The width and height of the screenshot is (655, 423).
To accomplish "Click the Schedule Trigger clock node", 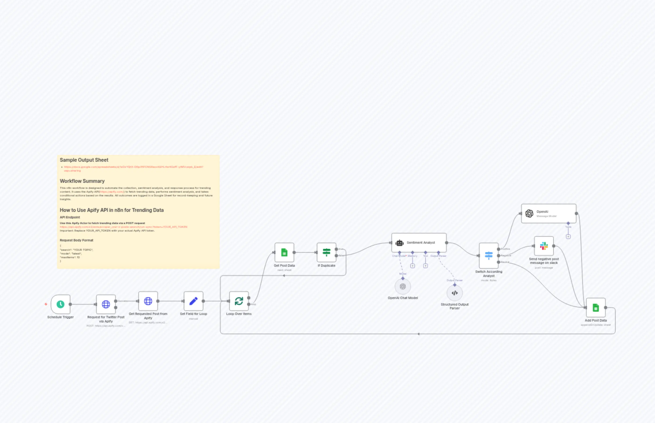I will (x=60, y=304).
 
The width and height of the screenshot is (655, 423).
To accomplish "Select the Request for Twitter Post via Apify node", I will (x=106, y=304).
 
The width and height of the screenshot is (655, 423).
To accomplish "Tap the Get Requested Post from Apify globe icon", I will (x=148, y=301).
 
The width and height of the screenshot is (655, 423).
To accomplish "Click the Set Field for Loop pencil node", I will (x=193, y=301).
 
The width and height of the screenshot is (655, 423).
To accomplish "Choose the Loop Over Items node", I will (x=239, y=301).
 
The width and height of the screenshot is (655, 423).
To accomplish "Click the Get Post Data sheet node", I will (x=284, y=252).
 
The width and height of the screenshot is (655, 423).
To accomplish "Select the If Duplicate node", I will (x=326, y=252).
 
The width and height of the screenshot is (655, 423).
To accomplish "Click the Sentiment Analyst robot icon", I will (x=399, y=243).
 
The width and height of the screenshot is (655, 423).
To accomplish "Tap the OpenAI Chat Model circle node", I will (x=403, y=286).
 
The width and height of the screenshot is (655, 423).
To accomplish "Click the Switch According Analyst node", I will (x=489, y=256).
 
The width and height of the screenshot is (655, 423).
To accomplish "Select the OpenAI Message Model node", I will (x=548, y=214).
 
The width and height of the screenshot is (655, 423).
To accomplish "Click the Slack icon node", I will (x=544, y=246).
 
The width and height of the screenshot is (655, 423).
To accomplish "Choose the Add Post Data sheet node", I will (x=596, y=308).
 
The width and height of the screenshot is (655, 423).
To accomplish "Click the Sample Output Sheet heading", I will (x=84, y=160).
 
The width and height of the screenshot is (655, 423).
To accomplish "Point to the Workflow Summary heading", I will (x=82, y=181).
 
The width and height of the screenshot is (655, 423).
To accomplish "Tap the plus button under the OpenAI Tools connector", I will (x=568, y=236).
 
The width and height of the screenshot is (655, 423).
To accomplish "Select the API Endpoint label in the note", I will (x=70, y=217).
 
